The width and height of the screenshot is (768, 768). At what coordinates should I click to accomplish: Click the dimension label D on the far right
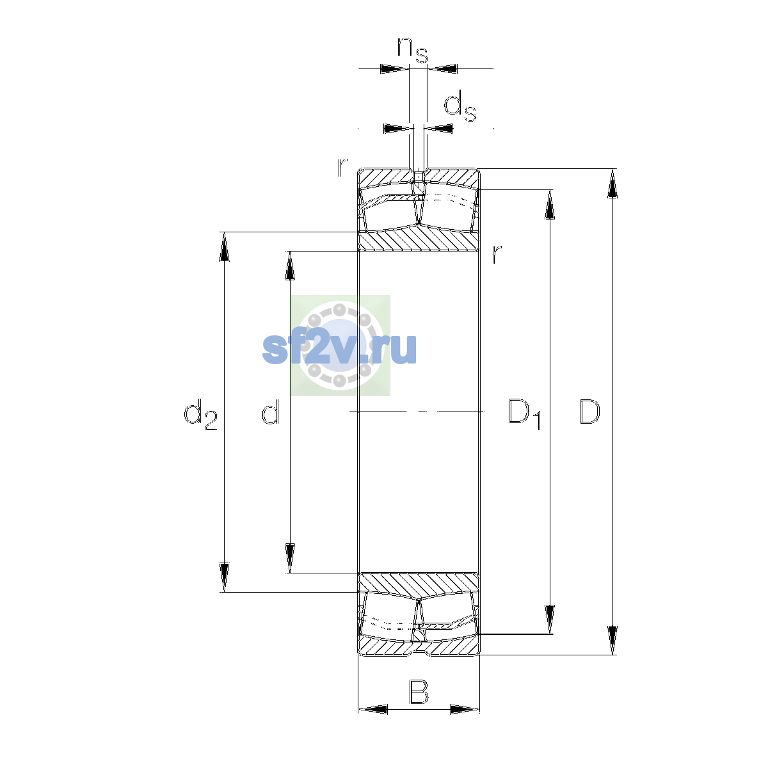[589, 412]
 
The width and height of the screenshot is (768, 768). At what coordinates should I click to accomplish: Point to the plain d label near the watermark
[271, 411]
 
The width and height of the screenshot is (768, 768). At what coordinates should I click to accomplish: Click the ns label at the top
[413, 50]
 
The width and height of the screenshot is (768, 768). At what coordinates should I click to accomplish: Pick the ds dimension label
[460, 106]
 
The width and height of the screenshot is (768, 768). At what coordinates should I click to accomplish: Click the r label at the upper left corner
[342, 168]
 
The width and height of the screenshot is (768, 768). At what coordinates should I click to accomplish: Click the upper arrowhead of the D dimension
[612, 184]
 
